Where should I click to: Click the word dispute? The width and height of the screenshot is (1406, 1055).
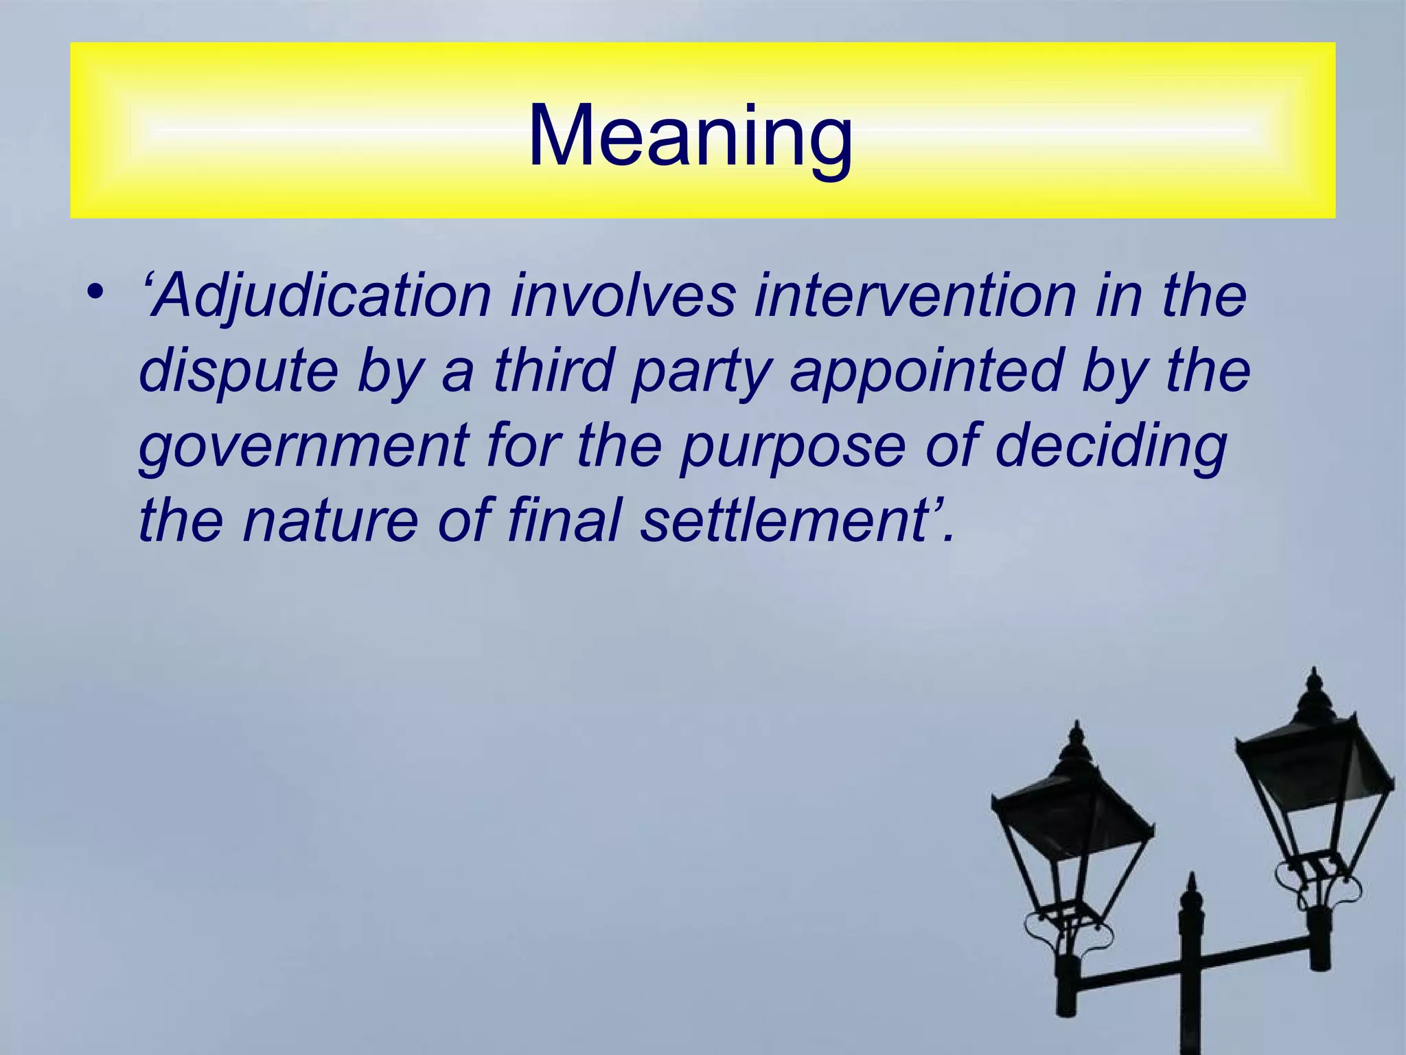click(x=238, y=372)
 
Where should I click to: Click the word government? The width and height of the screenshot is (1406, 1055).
click(x=303, y=446)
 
